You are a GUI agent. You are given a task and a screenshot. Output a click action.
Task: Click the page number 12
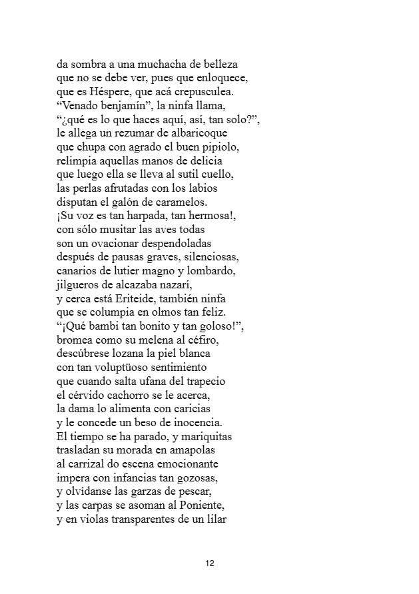click(x=210, y=563)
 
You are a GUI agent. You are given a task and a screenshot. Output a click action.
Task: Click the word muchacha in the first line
click(x=159, y=65)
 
